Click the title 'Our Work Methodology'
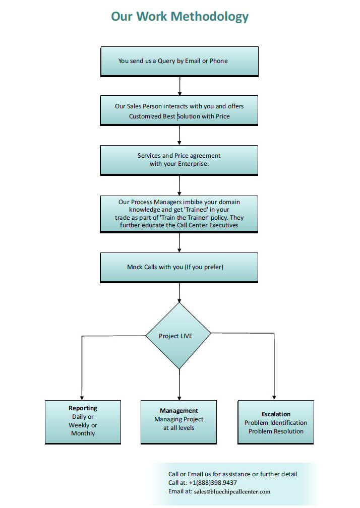pos(179,17)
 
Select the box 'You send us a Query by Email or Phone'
pos(179,61)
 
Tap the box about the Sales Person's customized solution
pos(179,110)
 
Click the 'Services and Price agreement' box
pos(179,160)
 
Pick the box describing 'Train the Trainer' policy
pos(179,214)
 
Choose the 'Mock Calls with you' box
pos(179,268)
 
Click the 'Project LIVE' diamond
pos(178,336)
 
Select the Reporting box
pos(83,422)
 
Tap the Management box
pos(179,422)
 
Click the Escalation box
pos(276,422)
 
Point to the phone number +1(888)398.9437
pos(213,483)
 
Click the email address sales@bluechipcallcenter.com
pos(232,491)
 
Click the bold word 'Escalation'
pos(276,414)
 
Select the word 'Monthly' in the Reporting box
pos(83,433)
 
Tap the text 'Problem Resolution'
pos(276,431)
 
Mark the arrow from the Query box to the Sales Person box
pos(180,86)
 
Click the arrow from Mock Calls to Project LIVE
pos(179,293)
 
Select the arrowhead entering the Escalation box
pos(274,398)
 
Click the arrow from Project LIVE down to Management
pos(179,385)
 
